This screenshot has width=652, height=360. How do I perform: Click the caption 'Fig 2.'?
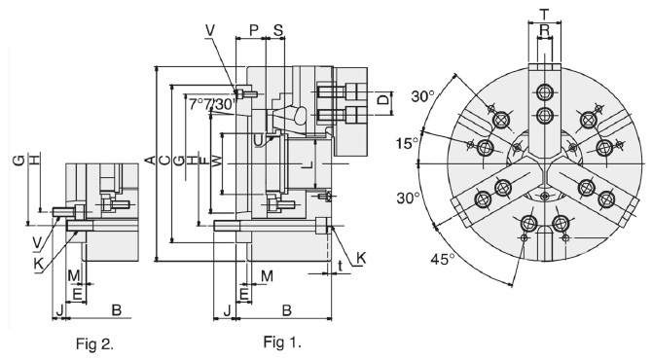tap(100, 343)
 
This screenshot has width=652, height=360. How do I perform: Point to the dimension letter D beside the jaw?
tap(382, 101)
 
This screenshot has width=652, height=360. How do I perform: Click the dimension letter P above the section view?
tap(254, 29)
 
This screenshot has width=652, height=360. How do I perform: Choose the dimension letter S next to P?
tap(279, 29)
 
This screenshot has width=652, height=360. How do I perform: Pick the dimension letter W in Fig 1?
tap(217, 159)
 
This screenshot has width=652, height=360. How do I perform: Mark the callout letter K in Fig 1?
tap(360, 258)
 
